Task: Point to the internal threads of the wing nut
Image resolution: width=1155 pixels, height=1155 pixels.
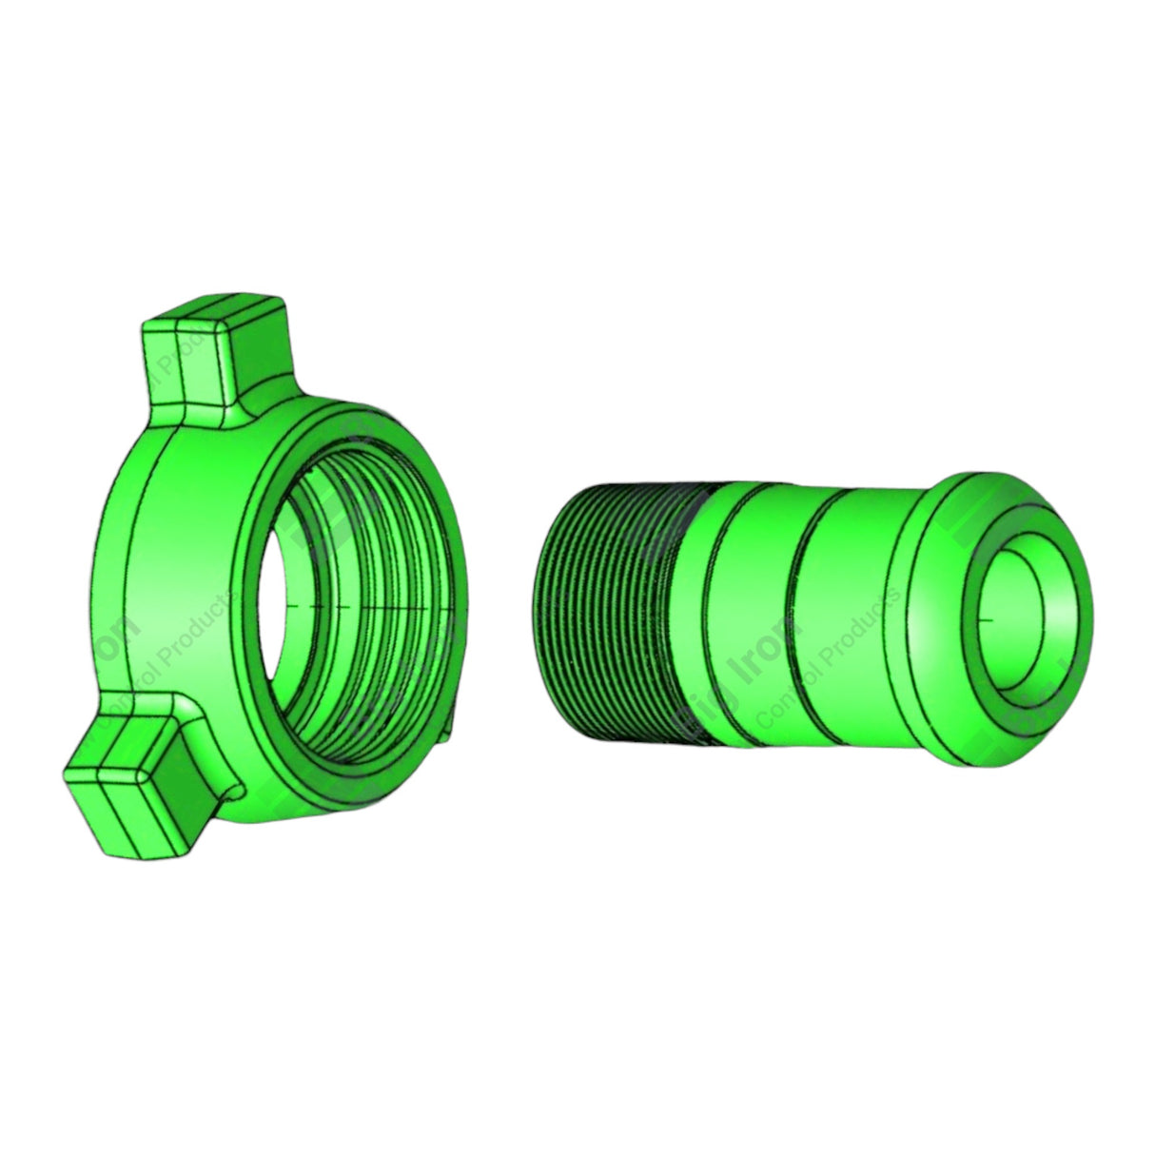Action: [381, 609]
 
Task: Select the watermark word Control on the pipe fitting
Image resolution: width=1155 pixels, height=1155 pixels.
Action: [780, 714]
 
